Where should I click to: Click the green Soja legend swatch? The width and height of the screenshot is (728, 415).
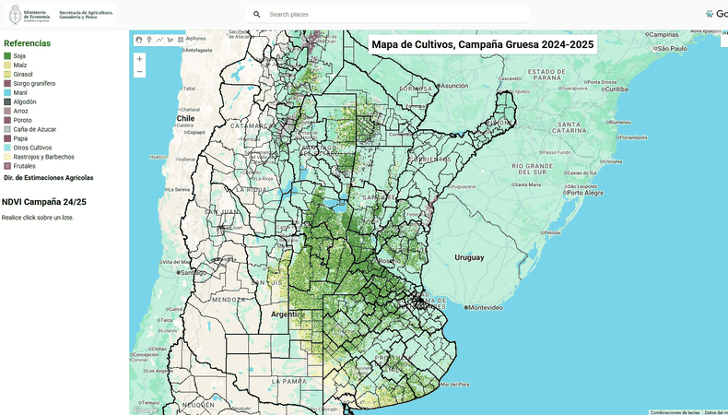click(x=7, y=56)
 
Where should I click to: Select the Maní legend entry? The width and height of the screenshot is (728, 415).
click(x=19, y=92)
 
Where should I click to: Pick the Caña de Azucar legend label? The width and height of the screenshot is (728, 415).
click(x=35, y=129)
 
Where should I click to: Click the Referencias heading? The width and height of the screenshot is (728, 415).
click(x=27, y=43)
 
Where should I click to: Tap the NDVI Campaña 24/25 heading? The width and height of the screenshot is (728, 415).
click(x=44, y=201)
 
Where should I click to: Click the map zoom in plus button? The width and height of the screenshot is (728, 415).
click(x=139, y=59)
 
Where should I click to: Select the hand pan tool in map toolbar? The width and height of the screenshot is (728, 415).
click(x=139, y=40)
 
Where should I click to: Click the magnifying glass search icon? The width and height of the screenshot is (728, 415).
click(x=257, y=15)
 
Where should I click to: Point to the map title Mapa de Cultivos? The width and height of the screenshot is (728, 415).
click(x=482, y=44)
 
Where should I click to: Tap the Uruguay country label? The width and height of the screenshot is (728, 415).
click(x=469, y=257)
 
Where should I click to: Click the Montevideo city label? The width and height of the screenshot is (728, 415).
click(x=485, y=307)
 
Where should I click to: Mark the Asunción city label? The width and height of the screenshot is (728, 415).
click(x=454, y=85)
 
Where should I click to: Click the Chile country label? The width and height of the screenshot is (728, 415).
click(x=186, y=118)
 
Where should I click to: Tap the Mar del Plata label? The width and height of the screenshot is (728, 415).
click(x=455, y=384)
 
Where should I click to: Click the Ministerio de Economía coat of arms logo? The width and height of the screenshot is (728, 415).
click(x=15, y=15)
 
